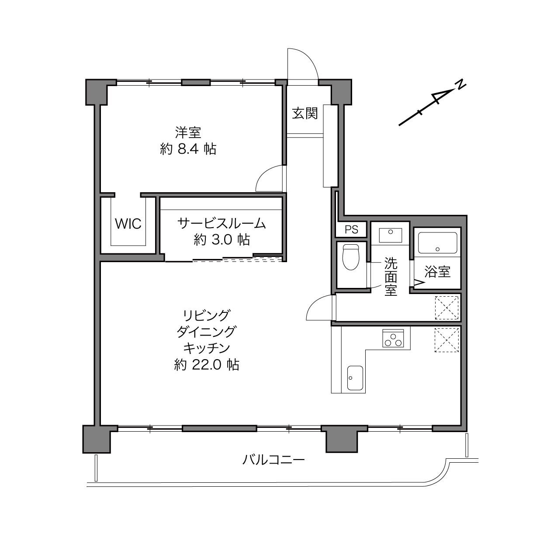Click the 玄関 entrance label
click(305, 113)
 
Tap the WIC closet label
click(128, 223)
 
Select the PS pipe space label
click(351, 229)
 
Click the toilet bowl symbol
click(351, 257)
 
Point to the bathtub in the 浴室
click(437, 243)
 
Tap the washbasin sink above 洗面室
click(390, 235)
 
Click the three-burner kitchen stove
click(393, 338)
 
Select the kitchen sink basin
click(355, 378)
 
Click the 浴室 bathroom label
click(437, 272)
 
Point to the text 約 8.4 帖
click(188, 149)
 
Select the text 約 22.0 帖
click(206, 365)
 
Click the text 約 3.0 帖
click(222, 240)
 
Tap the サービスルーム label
click(222, 224)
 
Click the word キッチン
click(206, 348)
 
